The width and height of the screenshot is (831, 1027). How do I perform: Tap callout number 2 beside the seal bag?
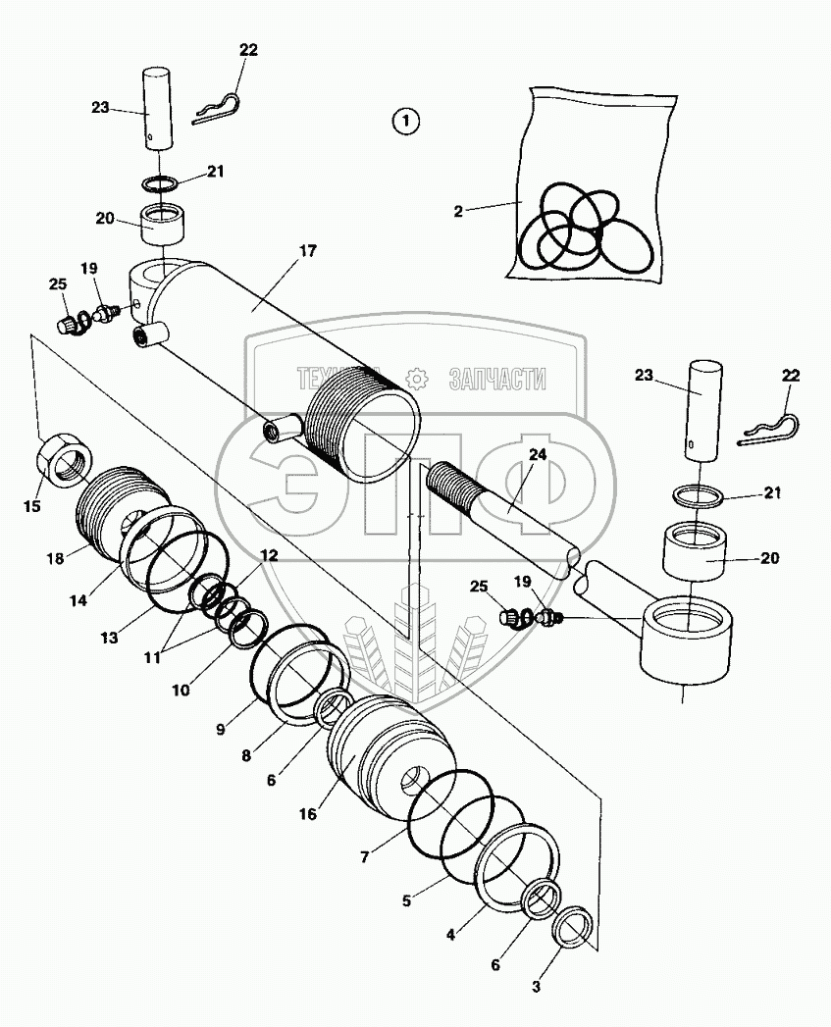[x=458, y=209]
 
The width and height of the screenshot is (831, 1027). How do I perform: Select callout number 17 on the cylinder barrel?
[x=307, y=251]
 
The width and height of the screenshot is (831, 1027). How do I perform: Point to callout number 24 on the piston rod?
[x=537, y=455]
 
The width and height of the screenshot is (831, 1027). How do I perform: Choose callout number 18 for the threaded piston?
[x=54, y=557]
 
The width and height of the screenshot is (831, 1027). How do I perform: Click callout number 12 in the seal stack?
[x=269, y=554]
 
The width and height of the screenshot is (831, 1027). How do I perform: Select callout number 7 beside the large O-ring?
[x=364, y=856]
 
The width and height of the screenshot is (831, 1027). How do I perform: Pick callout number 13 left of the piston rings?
[x=109, y=637]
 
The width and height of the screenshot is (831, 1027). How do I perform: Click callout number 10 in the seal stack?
[x=181, y=690]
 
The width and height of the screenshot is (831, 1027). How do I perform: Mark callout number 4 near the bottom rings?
[x=450, y=935]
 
